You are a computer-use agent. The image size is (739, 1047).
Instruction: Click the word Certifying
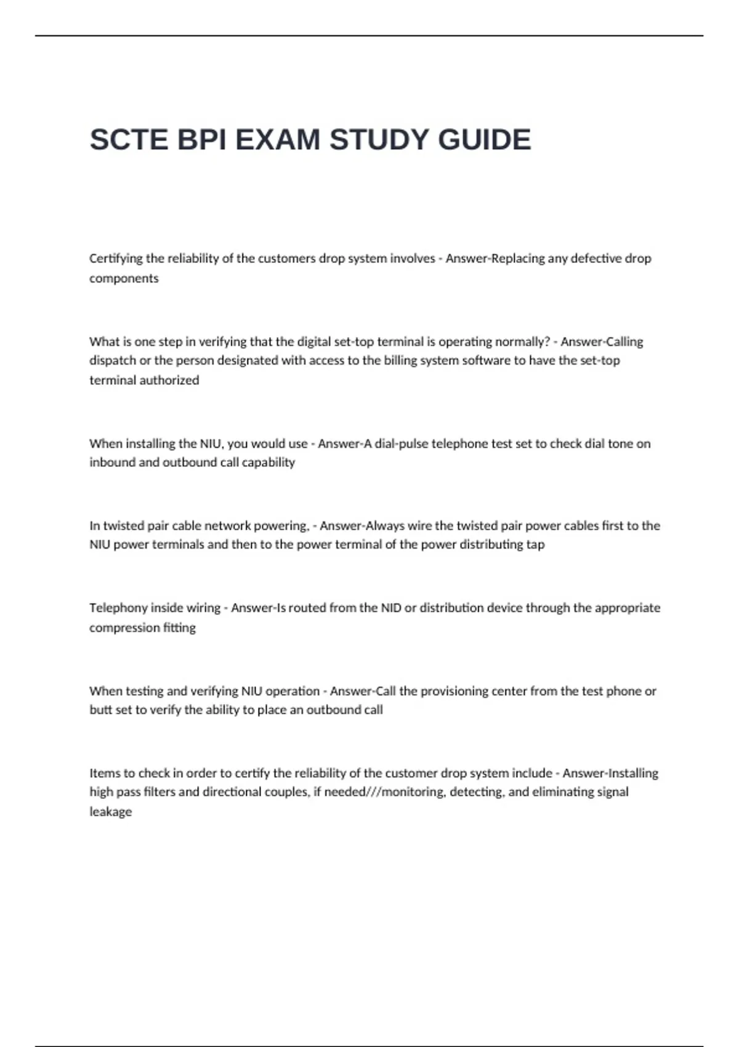click(x=116, y=259)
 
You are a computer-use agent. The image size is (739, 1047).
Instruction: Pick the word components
click(x=124, y=278)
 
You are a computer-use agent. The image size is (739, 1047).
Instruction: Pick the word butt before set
click(x=100, y=709)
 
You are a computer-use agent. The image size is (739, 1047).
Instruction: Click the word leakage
click(x=111, y=812)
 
